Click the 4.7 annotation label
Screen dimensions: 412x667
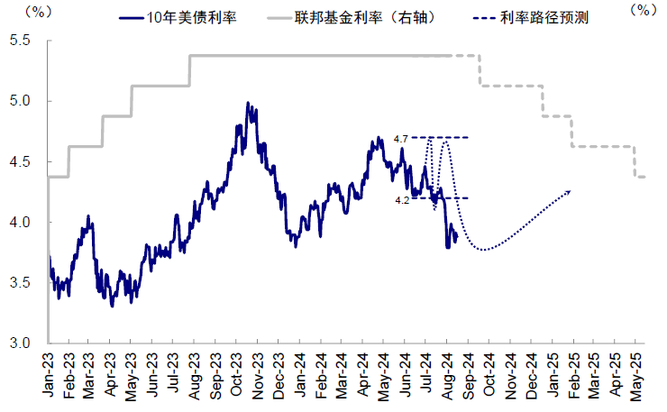(x=401, y=138)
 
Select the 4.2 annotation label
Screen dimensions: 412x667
(x=402, y=200)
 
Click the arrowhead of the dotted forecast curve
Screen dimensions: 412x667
(x=568, y=192)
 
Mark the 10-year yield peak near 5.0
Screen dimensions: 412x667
(x=248, y=104)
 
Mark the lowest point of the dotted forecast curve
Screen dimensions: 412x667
(x=485, y=250)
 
